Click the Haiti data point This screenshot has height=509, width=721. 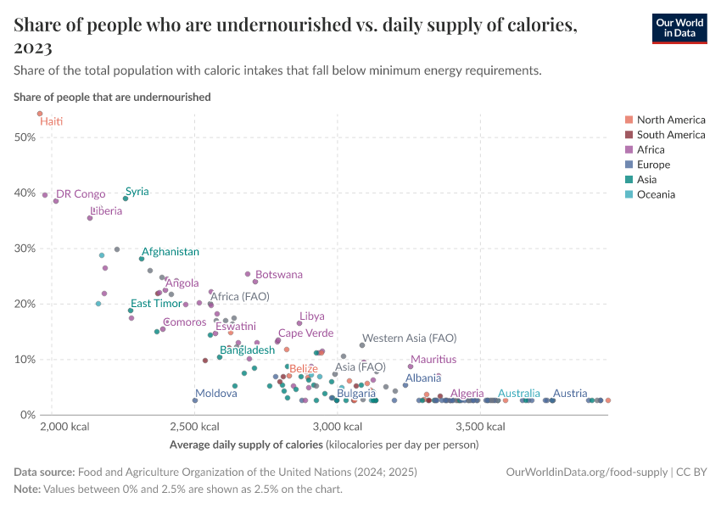point(40,114)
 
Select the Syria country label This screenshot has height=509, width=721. point(137,192)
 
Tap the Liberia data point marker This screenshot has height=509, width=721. point(90,218)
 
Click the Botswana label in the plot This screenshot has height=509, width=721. point(278,275)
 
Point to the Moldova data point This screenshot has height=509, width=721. point(195,400)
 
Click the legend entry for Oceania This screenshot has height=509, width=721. point(653,194)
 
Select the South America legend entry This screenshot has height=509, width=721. point(670,135)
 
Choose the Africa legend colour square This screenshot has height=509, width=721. point(628,150)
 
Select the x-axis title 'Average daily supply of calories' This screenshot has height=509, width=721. point(247,445)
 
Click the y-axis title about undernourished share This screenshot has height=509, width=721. point(112,97)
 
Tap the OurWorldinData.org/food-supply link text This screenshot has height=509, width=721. point(585,472)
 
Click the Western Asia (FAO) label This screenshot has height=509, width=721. point(409,338)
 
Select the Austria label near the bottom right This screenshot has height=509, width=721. point(570,394)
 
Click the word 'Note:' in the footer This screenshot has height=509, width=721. point(28,489)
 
